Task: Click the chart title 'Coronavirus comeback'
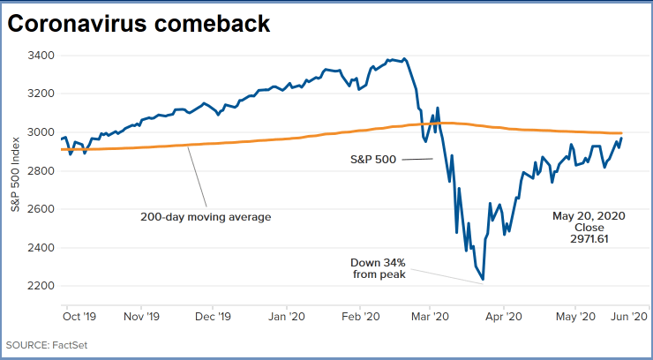point(139,25)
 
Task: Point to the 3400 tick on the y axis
point(41,56)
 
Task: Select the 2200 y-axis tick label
point(41,286)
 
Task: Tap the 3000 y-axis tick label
point(41,132)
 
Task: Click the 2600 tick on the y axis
point(41,209)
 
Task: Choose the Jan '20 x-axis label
point(288,314)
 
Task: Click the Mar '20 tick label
point(429,314)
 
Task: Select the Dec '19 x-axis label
point(214,314)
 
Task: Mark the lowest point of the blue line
point(483,281)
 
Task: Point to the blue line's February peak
point(404,59)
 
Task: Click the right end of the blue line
point(621,138)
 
